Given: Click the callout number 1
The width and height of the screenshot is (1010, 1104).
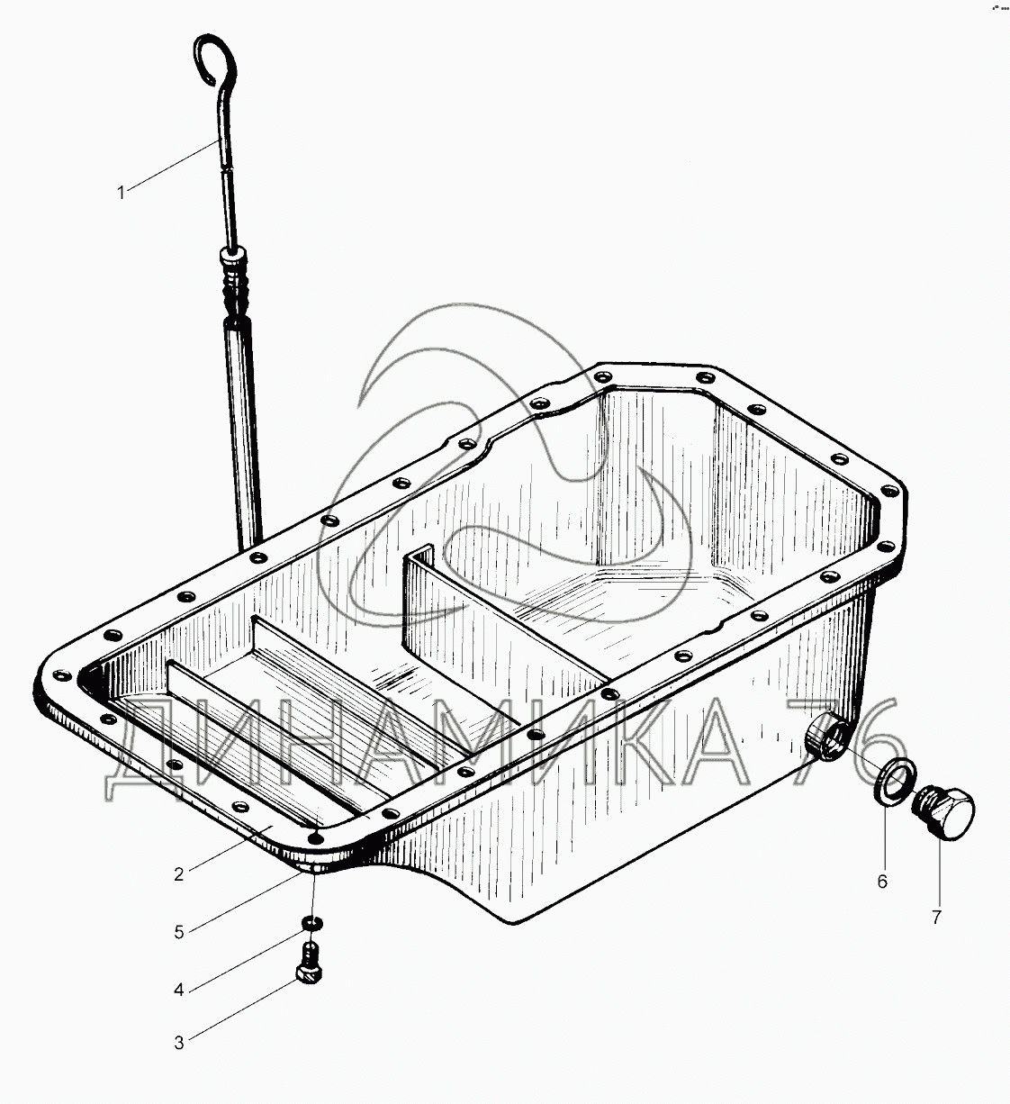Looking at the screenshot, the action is click(122, 194).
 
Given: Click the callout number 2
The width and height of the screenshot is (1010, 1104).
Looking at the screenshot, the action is click(178, 874).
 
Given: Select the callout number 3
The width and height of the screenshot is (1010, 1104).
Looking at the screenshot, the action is click(178, 1043).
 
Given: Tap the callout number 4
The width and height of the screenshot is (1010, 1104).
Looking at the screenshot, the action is click(178, 990).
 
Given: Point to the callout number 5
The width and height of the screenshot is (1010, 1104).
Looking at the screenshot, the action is click(178, 932).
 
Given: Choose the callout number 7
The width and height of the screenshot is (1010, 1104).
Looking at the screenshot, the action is click(936, 918).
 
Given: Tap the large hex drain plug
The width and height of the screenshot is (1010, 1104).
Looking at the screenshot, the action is click(942, 815).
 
